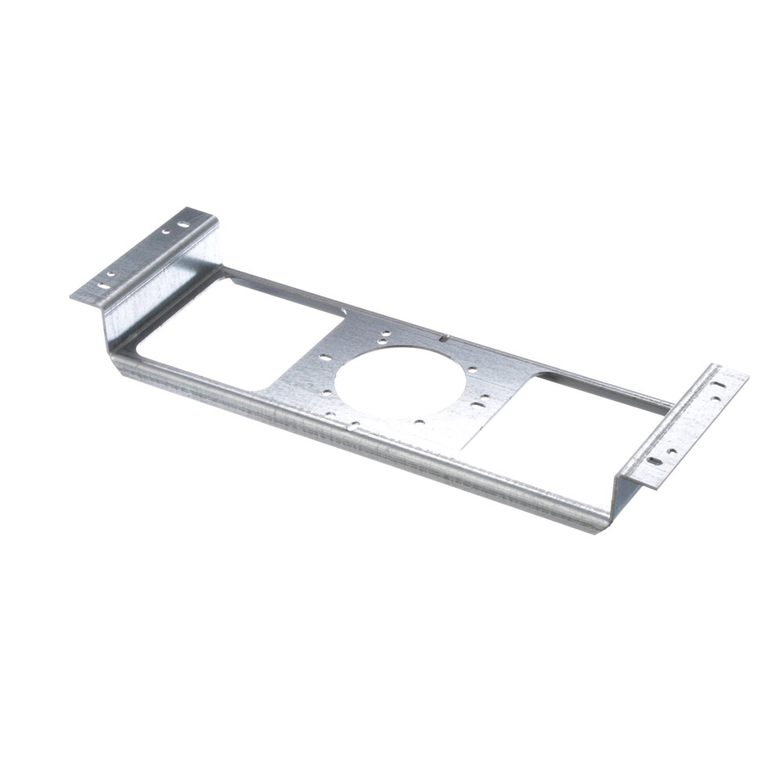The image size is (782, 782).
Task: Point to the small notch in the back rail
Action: (x=443, y=339)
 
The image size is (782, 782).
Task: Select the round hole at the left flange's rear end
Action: (x=166, y=232)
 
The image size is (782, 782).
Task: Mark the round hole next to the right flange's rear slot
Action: (x=717, y=399)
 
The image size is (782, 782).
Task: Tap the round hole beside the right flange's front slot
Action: (x=671, y=451)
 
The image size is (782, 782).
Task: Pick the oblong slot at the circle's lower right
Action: (x=479, y=404)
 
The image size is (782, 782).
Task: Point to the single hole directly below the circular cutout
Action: (x=420, y=422)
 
